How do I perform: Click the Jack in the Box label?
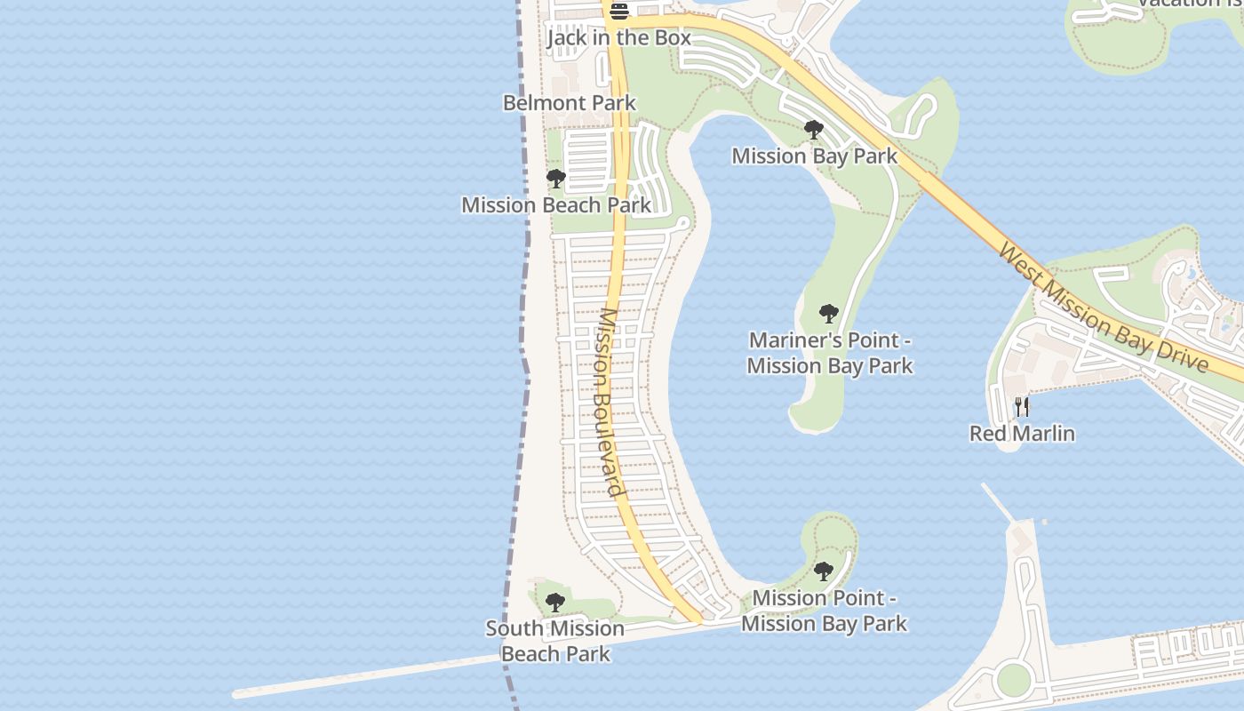coord(618,37)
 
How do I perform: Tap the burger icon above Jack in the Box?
coord(619,11)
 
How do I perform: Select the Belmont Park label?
coord(570,102)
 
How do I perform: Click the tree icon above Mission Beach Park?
coord(555,179)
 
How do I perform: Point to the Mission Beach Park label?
coord(556,204)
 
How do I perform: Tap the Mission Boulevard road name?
coord(610,401)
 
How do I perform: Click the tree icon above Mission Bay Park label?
coord(813,130)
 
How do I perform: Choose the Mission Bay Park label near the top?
coord(814,156)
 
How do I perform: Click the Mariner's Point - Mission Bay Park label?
coord(830,353)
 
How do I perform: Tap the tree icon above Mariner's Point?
coord(828,314)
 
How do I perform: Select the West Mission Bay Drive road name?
coord(1103,308)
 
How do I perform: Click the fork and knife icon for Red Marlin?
coord(1022,407)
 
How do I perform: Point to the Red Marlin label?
coord(1022,434)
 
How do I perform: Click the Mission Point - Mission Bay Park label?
coord(824,611)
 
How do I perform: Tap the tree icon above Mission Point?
coord(823,571)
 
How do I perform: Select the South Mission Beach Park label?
coord(555,641)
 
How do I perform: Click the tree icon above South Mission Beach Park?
coord(554,603)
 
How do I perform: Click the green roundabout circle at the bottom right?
coord(1013,681)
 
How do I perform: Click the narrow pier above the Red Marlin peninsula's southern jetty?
coord(999,503)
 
